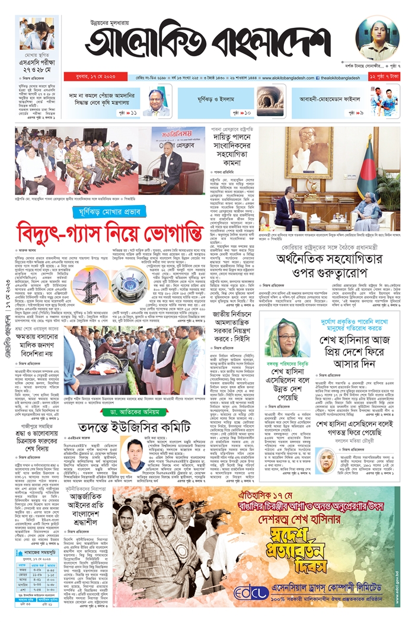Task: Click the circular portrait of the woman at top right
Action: click(378, 37)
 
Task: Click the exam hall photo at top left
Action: click(36, 33)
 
